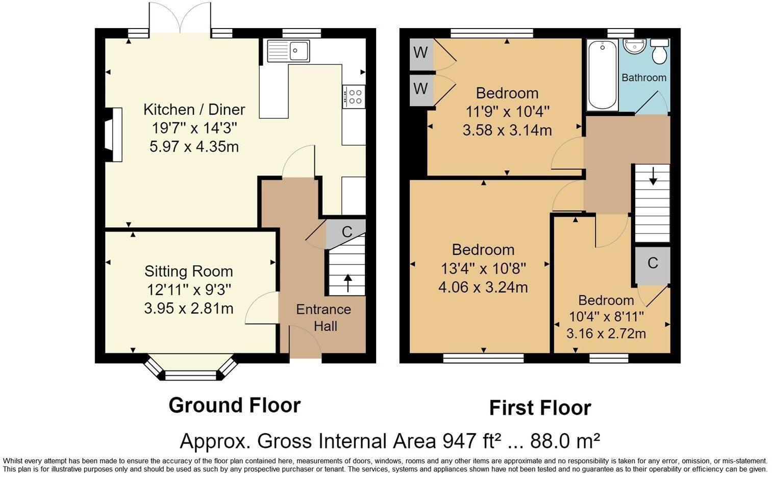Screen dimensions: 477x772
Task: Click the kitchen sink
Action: (x=288, y=50)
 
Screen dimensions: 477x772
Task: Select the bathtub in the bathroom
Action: (x=602, y=75)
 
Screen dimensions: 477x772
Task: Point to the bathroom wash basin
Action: (x=634, y=47)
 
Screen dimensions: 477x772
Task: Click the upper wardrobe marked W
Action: (x=421, y=53)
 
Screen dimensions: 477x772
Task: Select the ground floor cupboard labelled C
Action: (x=346, y=232)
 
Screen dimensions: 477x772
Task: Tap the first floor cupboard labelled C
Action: (x=652, y=263)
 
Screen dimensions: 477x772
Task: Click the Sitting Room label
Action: (x=188, y=271)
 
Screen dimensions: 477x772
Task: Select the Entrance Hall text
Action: (x=323, y=317)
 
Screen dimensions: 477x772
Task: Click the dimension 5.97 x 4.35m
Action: (x=194, y=147)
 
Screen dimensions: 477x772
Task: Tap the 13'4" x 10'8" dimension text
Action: (x=483, y=268)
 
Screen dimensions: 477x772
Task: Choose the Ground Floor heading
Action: (x=234, y=405)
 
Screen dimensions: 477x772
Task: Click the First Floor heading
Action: (x=540, y=408)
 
